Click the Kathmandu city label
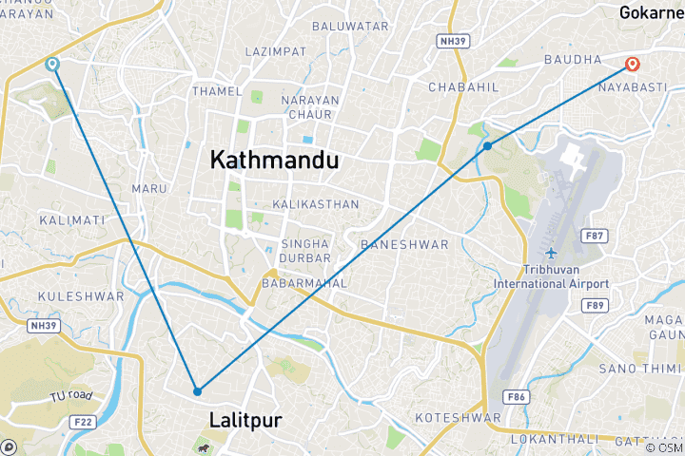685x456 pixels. click(274, 161)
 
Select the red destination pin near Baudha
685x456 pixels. click(632, 65)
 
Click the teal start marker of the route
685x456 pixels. click(51, 64)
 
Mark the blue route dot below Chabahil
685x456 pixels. click(487, 145)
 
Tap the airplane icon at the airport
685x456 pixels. click(551, 252)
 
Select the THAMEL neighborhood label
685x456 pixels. click(210, 91)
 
